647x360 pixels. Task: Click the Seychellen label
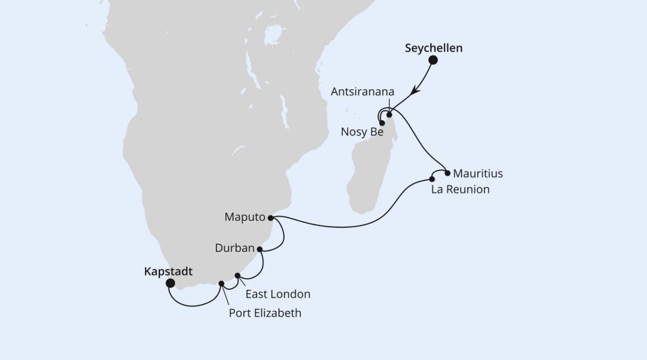pyautogui.click(x=433, y=48)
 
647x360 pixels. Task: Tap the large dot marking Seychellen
pyautogui.click(x=433, y=61)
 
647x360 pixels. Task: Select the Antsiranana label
pyautogui.click(x=359, y=91)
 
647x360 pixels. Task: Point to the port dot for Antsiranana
pyautogui.click(x=389, y=115)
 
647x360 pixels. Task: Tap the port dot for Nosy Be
pyautogui.click(x=382, y=123)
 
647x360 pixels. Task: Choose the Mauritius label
pyautogui.click(x=478, y=174)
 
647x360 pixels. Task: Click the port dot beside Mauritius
pyautogui.click(x=448, y=173)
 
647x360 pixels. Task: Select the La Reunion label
pyautogui.click(x=460, y=190)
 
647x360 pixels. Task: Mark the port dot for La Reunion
pyautogui.click(x=432, y=179)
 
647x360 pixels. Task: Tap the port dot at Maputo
pyautogui.click(x=270, y=218)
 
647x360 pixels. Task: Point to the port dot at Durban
pyautogui.click(x=260, y=250)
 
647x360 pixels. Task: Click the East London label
pyautogui.click(x=278, y=294)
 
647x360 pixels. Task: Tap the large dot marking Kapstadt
pyautogui.click(x=170, y=283)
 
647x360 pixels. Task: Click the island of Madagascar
pyautogui.click(x=372, y=167)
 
